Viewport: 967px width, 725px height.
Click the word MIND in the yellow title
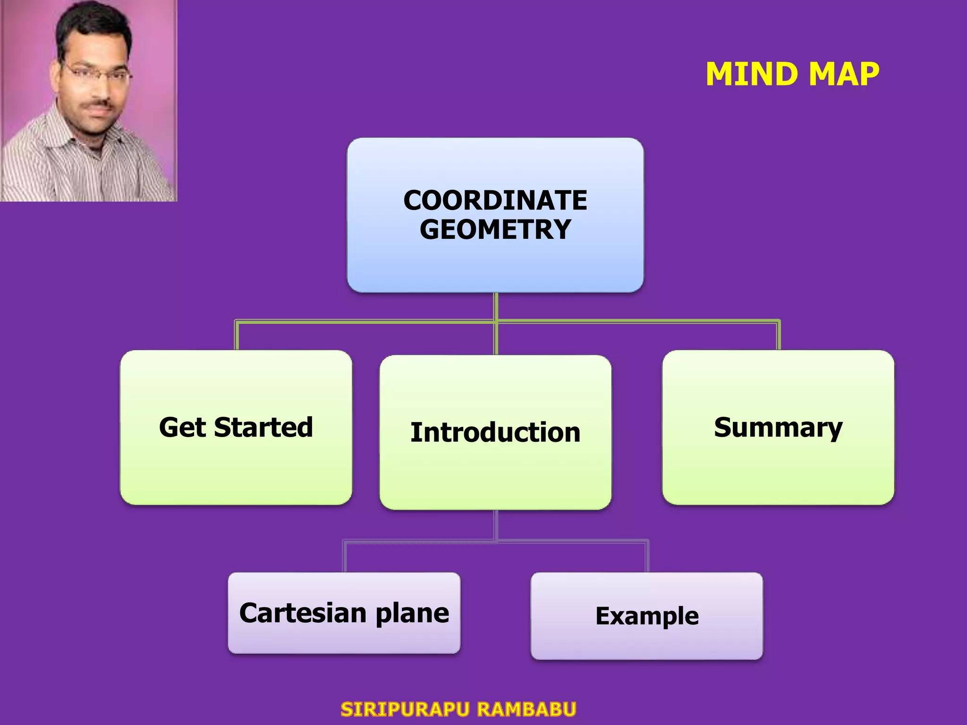click(753, 75)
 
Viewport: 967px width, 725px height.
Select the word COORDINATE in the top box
click(495, 200)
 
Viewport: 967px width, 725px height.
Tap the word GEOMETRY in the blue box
click(495, 229)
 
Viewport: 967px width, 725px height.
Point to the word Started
click(263, 427)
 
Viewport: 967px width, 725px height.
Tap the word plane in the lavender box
click(412, 614)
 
